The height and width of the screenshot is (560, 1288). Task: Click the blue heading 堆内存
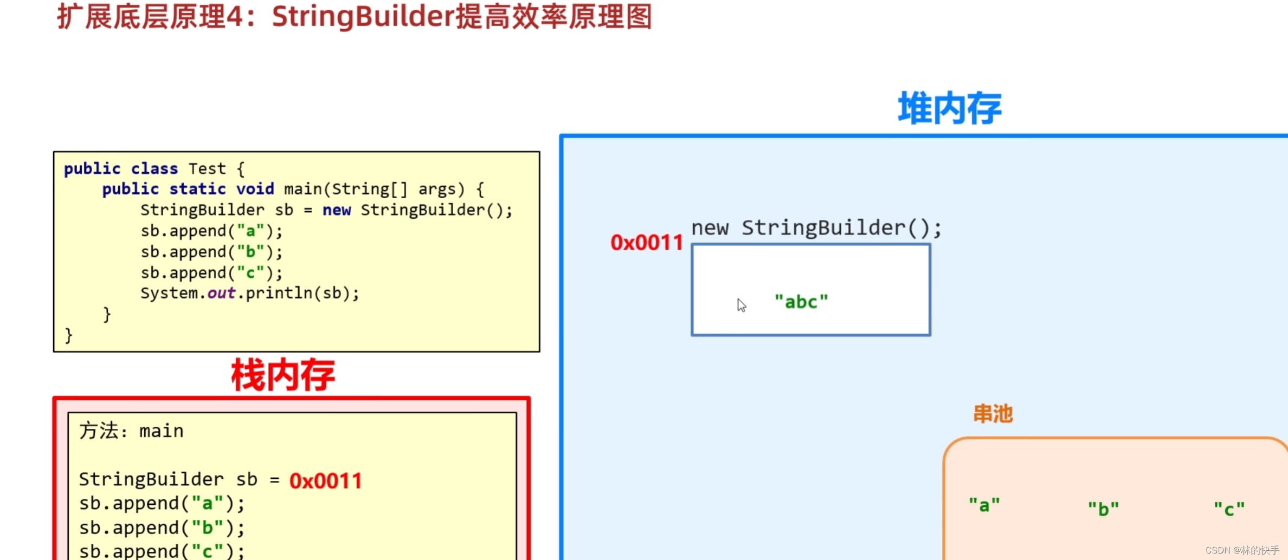(949, 108)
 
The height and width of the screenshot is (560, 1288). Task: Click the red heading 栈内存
(283, 375)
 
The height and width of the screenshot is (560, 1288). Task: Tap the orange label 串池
(993, 414)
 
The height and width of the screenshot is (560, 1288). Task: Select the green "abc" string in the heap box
(801, 302)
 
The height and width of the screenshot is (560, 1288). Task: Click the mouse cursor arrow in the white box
(741, 305)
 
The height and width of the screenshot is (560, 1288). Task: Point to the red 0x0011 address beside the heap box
(646, 243)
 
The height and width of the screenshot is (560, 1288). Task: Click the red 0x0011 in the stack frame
(325, 481)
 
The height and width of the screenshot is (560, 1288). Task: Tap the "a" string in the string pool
(984, 505)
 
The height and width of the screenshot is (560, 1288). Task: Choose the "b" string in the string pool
(1103, 509)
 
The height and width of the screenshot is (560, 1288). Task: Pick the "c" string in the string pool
(1229, 509)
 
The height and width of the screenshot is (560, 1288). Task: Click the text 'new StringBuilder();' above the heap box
(816, 228)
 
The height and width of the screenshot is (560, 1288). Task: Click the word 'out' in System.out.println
(221, 293)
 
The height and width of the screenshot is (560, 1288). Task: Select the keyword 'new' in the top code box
(337, 210)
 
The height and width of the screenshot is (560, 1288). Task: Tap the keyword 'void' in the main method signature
(255, 189)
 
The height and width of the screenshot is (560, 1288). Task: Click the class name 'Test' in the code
(207, 169)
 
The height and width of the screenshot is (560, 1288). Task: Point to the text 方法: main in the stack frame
(131, 431)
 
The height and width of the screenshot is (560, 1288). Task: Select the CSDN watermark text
(1242, 550)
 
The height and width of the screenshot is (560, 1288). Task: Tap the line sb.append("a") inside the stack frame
(162, 504)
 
